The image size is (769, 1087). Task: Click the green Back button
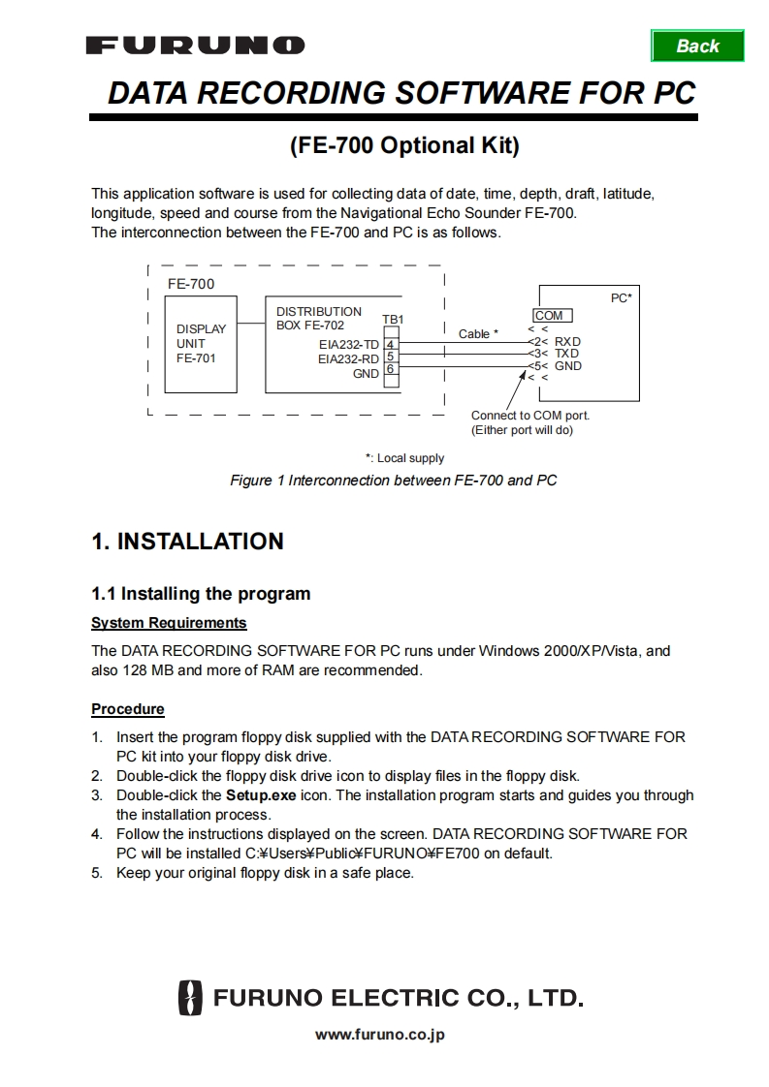697,46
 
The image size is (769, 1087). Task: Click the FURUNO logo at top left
195,46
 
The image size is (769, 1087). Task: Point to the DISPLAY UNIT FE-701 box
201,344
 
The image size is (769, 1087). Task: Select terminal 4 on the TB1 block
390,344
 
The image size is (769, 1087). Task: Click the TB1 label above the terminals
393,320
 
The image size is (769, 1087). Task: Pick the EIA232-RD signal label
348,358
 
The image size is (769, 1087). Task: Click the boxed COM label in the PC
549,316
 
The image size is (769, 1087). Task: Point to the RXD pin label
567,341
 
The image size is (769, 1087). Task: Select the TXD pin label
566,354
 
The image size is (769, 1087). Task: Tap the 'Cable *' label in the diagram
478,333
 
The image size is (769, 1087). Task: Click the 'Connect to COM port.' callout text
529,416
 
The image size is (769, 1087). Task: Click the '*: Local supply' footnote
404,458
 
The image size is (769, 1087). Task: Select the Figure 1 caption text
393,481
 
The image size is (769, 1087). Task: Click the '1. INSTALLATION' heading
187,542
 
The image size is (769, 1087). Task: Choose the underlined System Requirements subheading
169,623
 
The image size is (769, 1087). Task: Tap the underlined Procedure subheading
128,709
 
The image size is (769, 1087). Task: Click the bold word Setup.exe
261,795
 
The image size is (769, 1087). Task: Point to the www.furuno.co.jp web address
380,1035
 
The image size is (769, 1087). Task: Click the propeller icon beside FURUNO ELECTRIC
190,998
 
